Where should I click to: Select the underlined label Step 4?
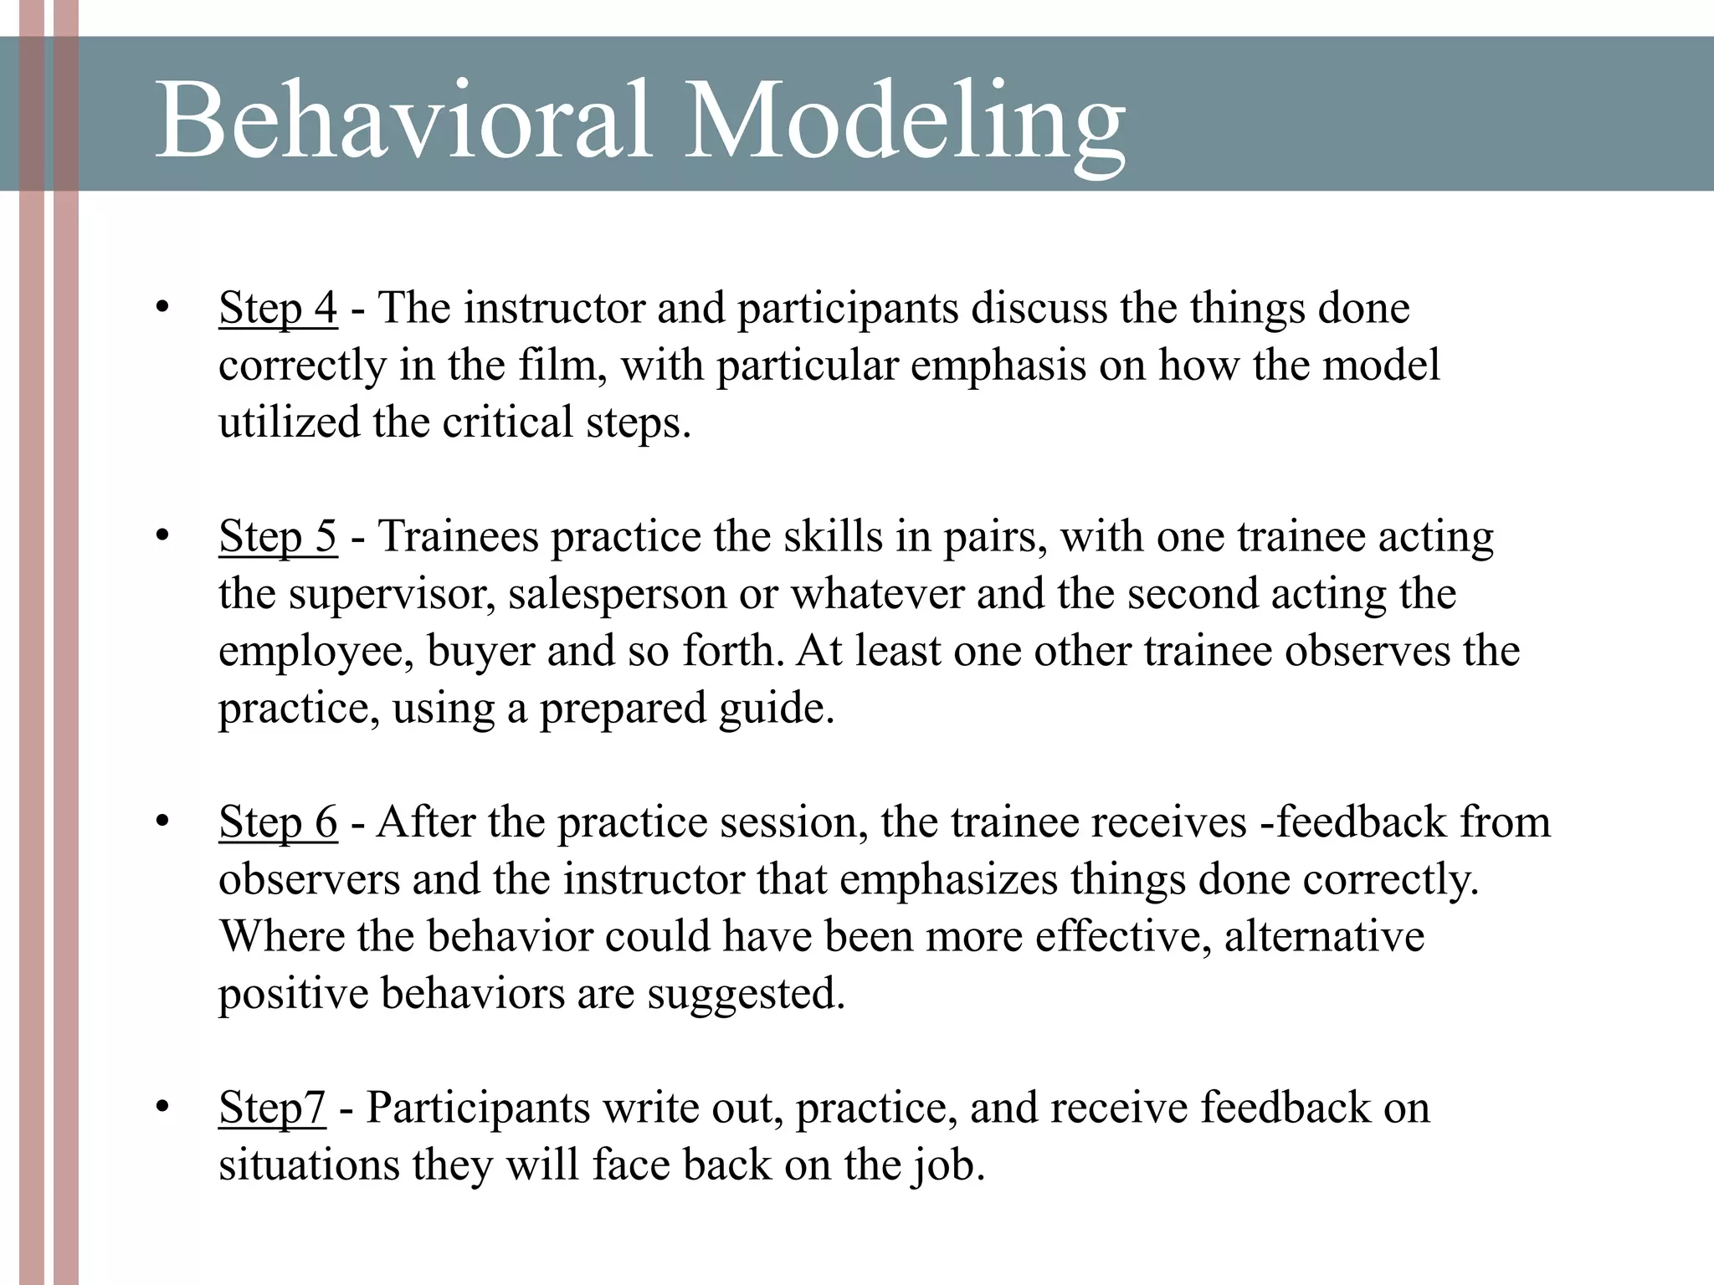coord(278,308)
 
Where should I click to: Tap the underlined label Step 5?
coord(278,536)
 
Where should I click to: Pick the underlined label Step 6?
coord(278,822)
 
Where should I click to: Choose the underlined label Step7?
coord(272,1108)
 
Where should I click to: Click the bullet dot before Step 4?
coord(162,308)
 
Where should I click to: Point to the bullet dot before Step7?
coord(162,1108)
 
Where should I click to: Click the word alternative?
coord(1324,936)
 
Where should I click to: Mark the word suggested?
coord(746,994)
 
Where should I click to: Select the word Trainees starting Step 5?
coord(454,536)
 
